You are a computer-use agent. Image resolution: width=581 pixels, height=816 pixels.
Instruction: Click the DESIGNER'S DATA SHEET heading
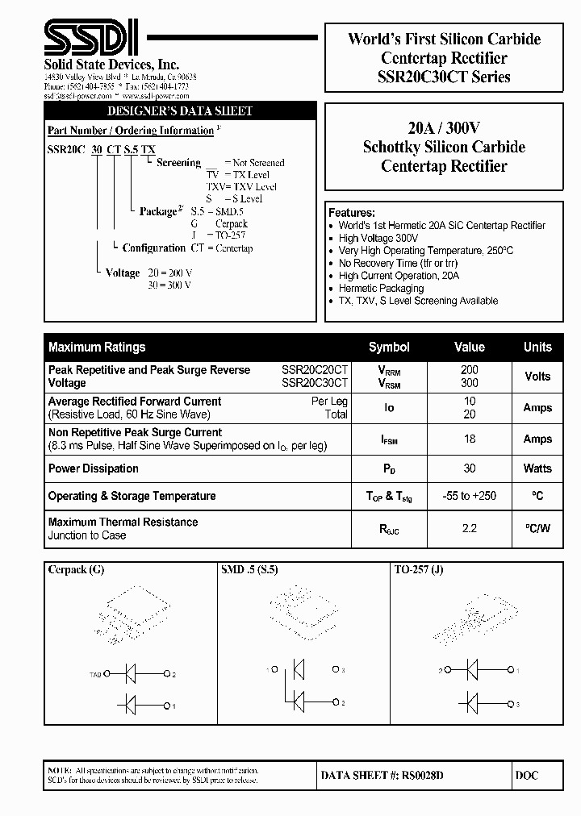[180, 111]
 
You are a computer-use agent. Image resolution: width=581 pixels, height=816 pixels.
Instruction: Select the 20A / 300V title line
[443, 127]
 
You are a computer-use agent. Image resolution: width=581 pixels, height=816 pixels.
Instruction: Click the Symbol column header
[389, 347]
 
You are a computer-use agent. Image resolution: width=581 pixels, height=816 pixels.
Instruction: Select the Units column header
[537, 347]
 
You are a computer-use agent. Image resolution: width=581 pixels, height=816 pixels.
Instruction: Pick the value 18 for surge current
[470, 439]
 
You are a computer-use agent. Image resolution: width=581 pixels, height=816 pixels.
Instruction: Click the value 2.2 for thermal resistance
[470, 529]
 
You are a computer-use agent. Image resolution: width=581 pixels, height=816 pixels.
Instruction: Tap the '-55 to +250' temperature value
[470, 496]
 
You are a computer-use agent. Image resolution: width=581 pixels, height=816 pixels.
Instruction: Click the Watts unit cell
[537, 468]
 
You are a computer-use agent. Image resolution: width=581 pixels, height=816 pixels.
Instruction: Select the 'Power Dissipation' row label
[94, 468]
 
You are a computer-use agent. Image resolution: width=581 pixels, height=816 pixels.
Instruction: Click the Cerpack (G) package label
[76, 569]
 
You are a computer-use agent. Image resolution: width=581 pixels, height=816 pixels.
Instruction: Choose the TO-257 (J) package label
[419, 569]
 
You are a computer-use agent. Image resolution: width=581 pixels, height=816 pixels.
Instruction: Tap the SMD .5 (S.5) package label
[249, 569]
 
